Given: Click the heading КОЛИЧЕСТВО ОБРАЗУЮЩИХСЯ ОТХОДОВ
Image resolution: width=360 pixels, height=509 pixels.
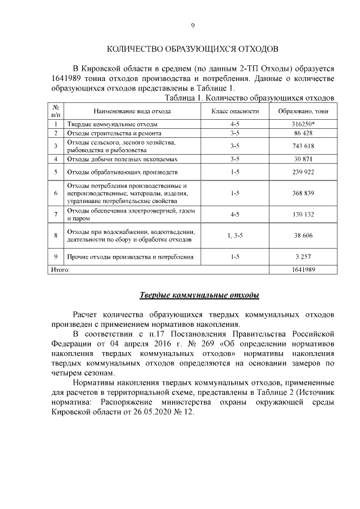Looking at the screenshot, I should point(192,49).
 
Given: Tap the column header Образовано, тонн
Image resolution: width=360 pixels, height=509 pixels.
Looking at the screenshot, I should point(303,111).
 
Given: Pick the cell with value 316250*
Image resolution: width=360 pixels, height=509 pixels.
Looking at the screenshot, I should point(303,124).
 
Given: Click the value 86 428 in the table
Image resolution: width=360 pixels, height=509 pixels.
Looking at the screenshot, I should point(303,133).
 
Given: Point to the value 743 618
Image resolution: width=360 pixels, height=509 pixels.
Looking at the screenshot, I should point(303,146).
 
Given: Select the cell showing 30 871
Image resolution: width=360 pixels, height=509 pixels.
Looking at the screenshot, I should point(303,159).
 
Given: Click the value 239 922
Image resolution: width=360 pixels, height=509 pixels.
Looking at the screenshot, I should point(303,172).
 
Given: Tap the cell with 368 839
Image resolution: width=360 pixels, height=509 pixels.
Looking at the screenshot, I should point(303,193).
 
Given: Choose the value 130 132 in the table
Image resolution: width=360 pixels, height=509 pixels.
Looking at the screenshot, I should point(303,214).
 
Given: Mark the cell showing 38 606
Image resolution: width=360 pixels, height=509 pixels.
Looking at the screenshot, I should point(303,236).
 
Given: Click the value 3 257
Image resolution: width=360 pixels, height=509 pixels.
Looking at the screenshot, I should point(303,257).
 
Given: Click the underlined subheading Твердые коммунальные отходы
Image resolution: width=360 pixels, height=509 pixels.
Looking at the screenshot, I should point(199,295).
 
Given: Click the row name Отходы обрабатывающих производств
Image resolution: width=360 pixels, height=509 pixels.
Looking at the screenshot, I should point(123,172).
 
